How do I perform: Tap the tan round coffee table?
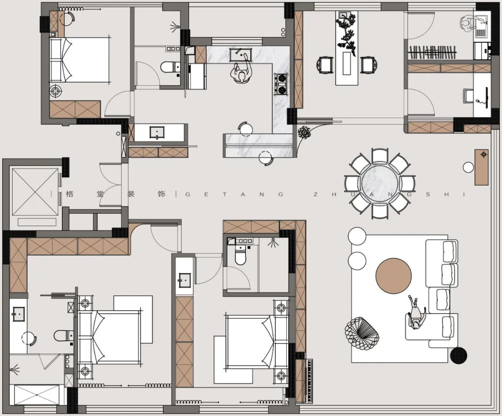[394, 276]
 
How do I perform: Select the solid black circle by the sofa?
[458, 355]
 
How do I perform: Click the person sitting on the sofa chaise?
[416, 313]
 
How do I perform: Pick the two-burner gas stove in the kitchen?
[281, 84]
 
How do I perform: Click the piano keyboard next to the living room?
[309, 381]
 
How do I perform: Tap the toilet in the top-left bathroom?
[170, 67]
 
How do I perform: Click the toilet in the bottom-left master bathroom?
[63, 336]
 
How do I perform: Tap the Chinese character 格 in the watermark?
[69, 194]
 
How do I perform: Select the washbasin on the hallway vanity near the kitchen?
[157, 132]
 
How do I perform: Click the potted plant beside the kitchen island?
[304, 132]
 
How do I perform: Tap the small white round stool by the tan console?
[469, 167]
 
